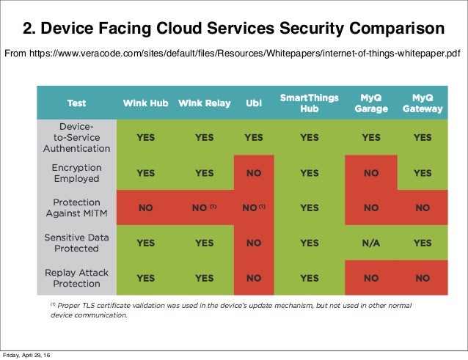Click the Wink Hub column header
[145, 103]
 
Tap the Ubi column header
[253, 103]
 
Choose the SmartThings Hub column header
[309, 103]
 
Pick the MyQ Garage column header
[370, 103]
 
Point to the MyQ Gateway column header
[422, 103]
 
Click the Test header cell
[76, 103]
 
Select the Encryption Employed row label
[76, 173]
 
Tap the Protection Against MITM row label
[76, 207]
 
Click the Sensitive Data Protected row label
[76, 243]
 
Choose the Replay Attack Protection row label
[76, 278]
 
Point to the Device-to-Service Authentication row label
[76, 137]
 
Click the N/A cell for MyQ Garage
[370, 243]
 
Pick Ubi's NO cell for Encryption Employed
[253, 173]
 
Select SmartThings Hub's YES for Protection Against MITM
[309, 207]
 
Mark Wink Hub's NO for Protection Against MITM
[145, 207]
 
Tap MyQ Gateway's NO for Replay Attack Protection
[422, 278]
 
